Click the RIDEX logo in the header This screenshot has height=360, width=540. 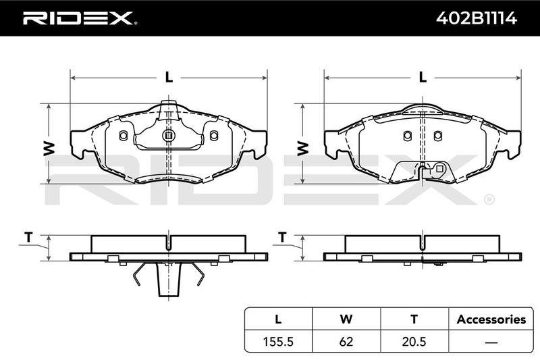click(80, 18)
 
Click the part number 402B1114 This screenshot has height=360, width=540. click(477, 18)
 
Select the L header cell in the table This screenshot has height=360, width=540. click(278, 319)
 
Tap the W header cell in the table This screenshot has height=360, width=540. click(346, 319)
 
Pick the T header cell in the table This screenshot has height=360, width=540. click(414, 319)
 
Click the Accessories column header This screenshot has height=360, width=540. click(491, 319)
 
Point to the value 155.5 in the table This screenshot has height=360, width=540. click(278, 341)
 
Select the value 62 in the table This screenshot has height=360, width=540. click(346, 341)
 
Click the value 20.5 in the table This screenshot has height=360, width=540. click(414, 341)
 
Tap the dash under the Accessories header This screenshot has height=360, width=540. click(491, 342)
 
